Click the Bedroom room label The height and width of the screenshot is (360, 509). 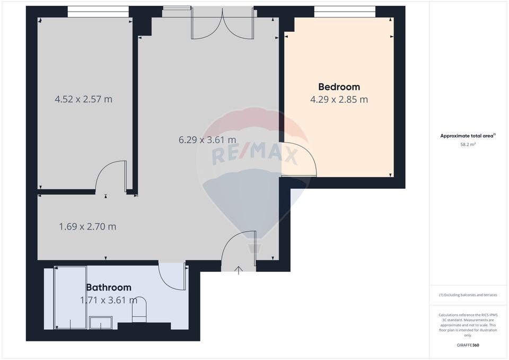click(x=339, y=86)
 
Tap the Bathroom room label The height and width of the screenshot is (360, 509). click(x=109, y=287)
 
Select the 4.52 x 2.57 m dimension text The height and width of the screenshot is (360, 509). click(x=84, y=99)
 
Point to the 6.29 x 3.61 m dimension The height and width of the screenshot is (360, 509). click(x=207, y=140)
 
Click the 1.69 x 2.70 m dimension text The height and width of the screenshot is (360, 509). click(x=87, y=226)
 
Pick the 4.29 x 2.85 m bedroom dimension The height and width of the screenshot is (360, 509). click(x=339, y=99)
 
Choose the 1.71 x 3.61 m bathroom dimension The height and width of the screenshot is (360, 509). click(x=109, y=300)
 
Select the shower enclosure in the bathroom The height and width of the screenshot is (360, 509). click(x=71, y=297)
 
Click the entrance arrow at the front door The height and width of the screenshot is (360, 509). click(x=239, y=270)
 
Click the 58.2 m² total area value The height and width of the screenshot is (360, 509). click(x=468, y=144)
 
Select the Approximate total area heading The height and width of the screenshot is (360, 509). click(x=468, y=136)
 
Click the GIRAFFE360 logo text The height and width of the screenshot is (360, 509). click(x=468, y=345)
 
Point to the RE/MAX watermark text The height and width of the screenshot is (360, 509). click(x=254, y=155)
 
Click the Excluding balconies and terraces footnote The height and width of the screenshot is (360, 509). click(x=468, y=295)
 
